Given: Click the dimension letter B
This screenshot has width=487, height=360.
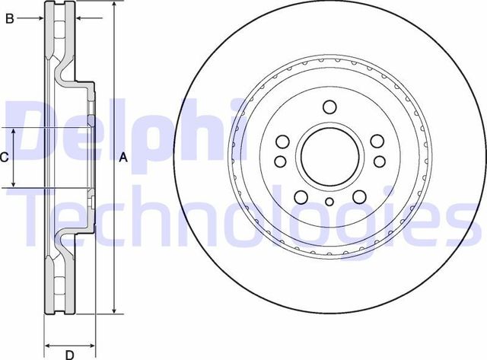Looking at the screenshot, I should point(10,18).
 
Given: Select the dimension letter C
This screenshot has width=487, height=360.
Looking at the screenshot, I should point(5,158).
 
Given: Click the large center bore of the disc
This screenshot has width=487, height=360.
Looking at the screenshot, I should point(329,157).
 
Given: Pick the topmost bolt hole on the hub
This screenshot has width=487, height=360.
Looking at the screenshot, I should point(329,107).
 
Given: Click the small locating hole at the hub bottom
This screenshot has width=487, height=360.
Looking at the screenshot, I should point(329,202).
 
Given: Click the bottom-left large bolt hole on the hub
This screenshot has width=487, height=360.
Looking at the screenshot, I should point(300,196).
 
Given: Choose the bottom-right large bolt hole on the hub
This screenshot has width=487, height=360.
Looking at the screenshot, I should point(358,196).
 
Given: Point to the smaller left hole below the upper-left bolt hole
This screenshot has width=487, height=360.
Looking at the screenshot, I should point(280,161).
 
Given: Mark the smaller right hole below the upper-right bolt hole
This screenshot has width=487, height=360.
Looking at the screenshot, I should point(378,161).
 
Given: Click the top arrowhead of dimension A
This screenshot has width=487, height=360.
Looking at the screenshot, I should point(113,6).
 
